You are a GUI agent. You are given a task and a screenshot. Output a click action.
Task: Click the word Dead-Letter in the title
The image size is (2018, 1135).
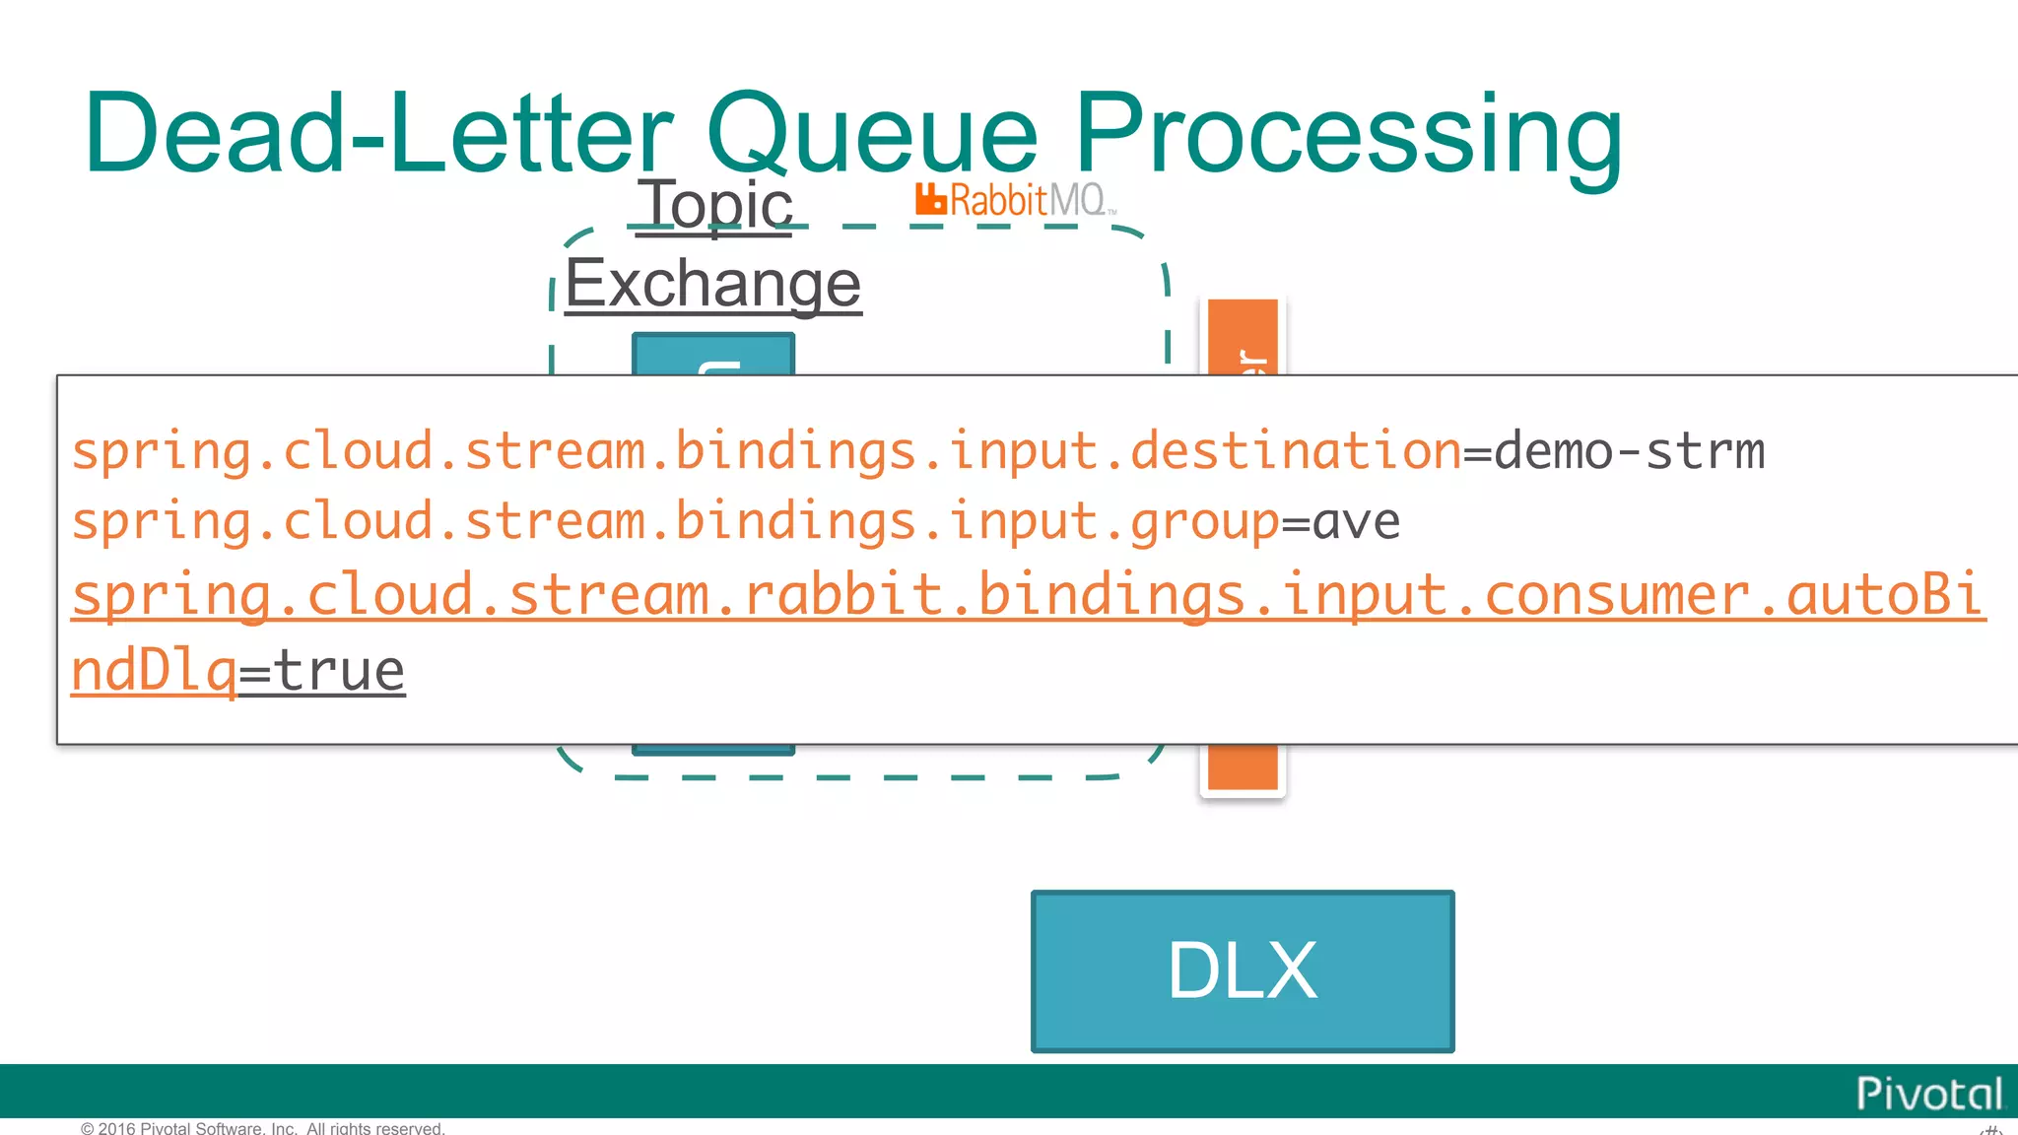pos(378,133)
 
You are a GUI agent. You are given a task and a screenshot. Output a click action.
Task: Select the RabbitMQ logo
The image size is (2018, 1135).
pos(1015,200)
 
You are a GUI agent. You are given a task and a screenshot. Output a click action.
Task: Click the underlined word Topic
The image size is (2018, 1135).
pos(715,206)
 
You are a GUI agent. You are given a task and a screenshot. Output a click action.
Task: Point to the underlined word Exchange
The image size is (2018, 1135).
pos(712,285)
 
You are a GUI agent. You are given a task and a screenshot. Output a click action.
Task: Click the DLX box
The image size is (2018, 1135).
pos(1242,971)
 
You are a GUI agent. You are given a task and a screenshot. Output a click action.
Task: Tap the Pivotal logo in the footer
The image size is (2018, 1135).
pos(1928,1094)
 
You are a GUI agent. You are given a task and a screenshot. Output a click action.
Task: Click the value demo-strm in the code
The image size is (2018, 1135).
pos(1629,451)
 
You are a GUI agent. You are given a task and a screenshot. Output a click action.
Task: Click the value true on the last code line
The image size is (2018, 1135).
pos(338,672)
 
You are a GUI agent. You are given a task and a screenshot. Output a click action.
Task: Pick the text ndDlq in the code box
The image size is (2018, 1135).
pos(154,672)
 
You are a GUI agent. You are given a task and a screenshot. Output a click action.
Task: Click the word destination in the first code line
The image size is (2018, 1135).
pos(1295,451)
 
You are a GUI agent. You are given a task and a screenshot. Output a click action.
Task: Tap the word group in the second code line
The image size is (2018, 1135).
pos(1204,521)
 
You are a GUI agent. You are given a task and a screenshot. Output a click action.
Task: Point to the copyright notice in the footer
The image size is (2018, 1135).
pos(263,1128)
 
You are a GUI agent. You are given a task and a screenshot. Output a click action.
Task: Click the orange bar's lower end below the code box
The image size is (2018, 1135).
pos(1243,767)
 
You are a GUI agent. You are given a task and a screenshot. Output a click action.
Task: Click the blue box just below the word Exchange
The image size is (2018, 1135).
pos(713,354)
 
